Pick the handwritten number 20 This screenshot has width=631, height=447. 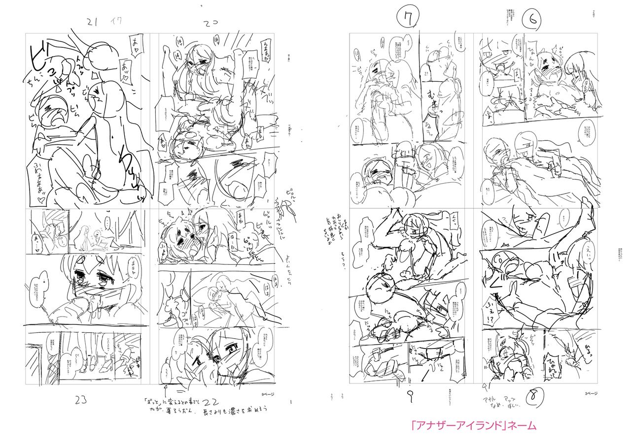pyautogui.click(x=211, y=23)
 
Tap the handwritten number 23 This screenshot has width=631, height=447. pyautogui.click(x=81, y=400)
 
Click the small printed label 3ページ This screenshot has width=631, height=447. pyautogui.click(x=591, y=393)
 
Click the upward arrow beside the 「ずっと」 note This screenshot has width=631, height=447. pyautogui.click(x=162, y=391)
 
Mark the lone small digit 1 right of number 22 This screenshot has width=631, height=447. pyautogui.click(x=291, y=402)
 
